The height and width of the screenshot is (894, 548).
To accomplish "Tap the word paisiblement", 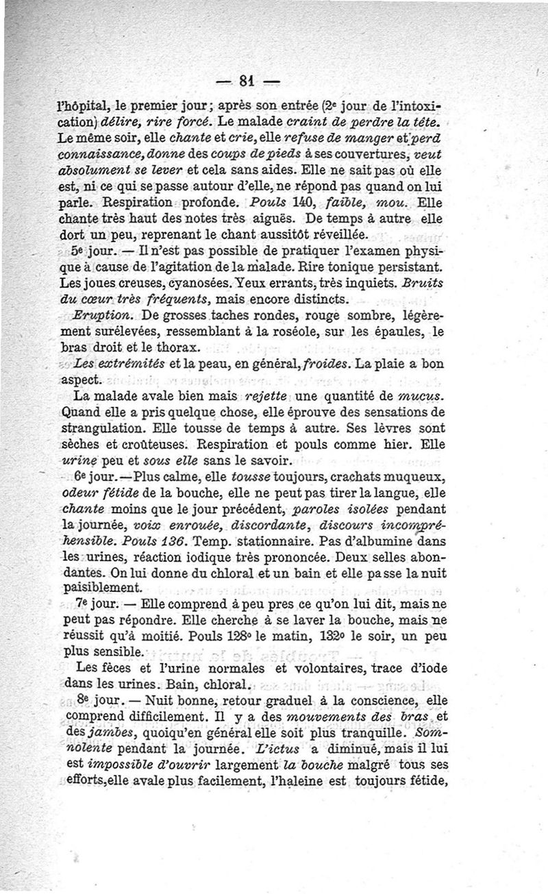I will click(102, 587).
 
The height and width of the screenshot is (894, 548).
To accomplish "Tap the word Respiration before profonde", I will click(147, 203).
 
